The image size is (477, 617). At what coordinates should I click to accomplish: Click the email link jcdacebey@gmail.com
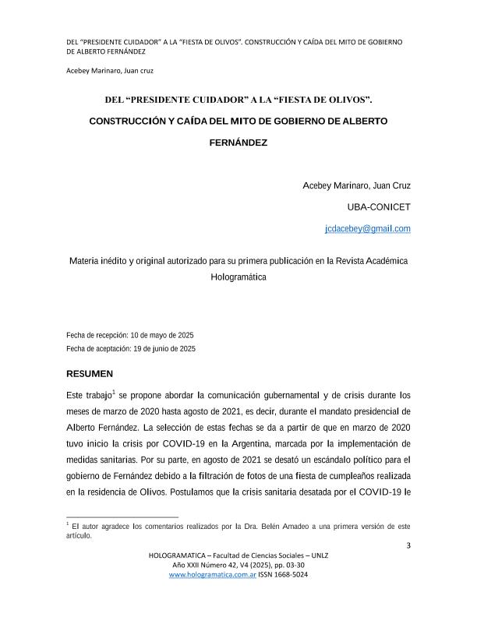click(368, 229)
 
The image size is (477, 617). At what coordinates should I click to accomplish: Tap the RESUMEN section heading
click(90, 374)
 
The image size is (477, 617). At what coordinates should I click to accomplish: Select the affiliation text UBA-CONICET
click(379, 207)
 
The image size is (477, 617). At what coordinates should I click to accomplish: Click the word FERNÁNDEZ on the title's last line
click(238, 143)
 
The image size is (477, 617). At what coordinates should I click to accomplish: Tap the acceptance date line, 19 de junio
click(131, 349)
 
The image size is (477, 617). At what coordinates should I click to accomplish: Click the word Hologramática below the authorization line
click(238, 276)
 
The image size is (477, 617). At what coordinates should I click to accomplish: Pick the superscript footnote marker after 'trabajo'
click(114, 391)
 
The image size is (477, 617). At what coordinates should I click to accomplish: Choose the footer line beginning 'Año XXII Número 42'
click(238, 564)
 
